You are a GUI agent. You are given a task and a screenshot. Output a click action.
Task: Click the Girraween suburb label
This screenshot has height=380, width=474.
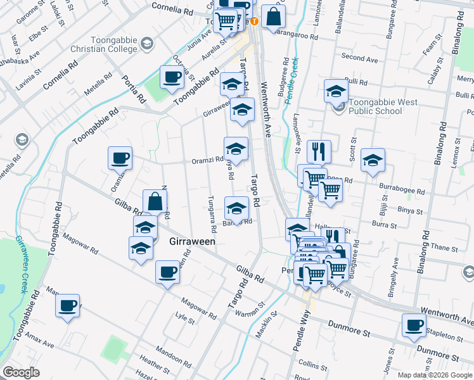click(x=193, y=241)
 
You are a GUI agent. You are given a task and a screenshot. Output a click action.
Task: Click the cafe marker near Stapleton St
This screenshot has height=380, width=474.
click(x=414, y=326)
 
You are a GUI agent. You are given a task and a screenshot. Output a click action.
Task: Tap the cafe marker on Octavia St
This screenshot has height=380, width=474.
click(x=172, y=77)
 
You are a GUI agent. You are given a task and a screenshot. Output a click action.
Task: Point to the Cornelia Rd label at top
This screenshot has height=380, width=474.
click(x=172, y=10)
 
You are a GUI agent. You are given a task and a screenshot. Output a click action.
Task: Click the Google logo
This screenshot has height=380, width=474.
click(x=21, y=372)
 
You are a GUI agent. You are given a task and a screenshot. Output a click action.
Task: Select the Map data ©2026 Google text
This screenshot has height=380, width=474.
click(x=434, y=375)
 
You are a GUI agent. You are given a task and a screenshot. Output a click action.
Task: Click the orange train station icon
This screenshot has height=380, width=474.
click(x=253, y=21)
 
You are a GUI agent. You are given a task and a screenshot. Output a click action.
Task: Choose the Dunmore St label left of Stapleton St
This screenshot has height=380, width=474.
click(x=349, y=327)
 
